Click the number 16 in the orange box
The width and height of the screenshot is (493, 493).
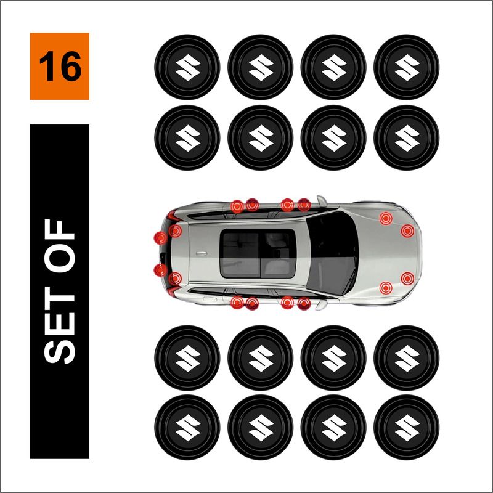tap(60, 67)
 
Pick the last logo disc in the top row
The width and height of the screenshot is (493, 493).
tap(407, 66)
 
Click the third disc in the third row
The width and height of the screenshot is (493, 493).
tap(333, 356)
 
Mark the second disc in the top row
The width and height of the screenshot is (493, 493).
tap(260, 66)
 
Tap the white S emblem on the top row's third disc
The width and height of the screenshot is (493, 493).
tap(333, 66)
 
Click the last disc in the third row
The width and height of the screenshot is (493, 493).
tap(407, 356)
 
